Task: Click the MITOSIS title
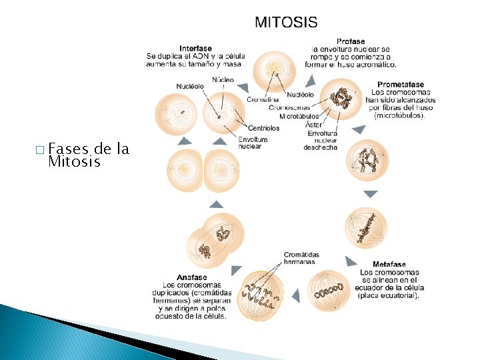coord(286,22)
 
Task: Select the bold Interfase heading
coord(195,49)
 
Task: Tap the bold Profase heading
coord(351,41)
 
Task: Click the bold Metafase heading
coord(389,265)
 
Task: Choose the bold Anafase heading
coord(192,277)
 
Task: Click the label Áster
coord(312,125)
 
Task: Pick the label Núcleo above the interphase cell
coord(223,79)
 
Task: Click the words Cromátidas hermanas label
coord(301,258)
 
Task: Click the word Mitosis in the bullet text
coord(74,162)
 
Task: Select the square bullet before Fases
coord(42,149)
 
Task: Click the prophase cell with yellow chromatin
coord(275,70)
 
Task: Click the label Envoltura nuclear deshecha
coord(320,140)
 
